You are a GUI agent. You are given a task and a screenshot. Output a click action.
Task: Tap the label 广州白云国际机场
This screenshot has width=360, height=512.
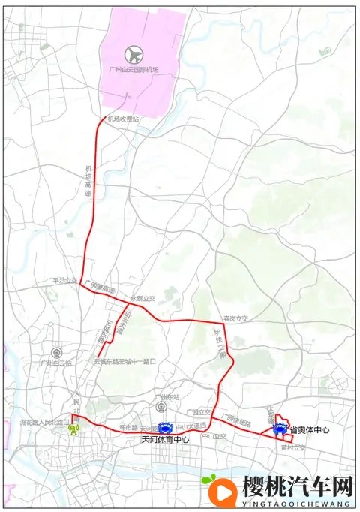tap(134, 70)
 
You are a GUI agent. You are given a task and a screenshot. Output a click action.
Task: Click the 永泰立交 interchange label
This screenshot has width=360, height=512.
tap(142, 298)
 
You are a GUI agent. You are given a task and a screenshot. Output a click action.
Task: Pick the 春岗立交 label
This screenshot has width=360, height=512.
tap(235, 318)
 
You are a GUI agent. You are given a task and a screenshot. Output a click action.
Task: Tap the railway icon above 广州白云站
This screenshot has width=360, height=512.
tap(55, 352)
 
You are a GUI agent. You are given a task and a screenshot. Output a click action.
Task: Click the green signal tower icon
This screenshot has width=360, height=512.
tap(73, 430)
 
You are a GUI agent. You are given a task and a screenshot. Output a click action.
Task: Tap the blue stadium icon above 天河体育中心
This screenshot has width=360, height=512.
tap(165, 427)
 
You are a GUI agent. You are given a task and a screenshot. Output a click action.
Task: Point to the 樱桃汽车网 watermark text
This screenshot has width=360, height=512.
tap(298, 487)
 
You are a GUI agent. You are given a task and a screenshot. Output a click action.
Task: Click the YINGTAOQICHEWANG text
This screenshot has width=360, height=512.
tap(298, 504)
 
